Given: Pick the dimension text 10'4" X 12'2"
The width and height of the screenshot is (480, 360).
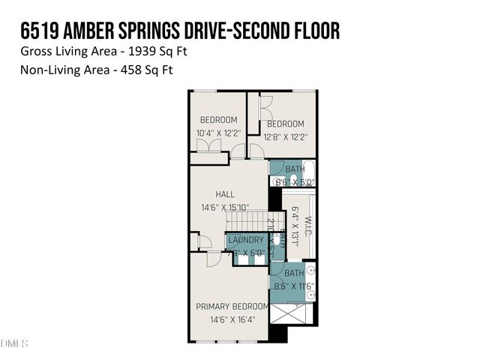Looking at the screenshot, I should (x=217, y=133).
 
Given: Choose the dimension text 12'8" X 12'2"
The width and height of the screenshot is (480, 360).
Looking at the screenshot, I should (x=286, y=136).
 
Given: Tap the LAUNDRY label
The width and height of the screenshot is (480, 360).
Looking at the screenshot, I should (x=246, y=240).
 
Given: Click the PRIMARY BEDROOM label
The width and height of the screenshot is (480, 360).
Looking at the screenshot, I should (x=232, y=306).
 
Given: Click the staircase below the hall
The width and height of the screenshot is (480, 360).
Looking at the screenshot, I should (x=247, y=221).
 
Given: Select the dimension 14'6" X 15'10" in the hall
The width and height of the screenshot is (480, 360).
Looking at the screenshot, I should (x=226, y=208).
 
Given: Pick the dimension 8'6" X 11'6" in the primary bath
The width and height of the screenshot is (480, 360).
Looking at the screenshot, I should (x=294, y=286).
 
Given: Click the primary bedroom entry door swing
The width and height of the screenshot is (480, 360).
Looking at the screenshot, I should (x=214, y=257).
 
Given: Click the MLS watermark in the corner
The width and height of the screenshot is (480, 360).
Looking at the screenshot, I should (x=14, y=343).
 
